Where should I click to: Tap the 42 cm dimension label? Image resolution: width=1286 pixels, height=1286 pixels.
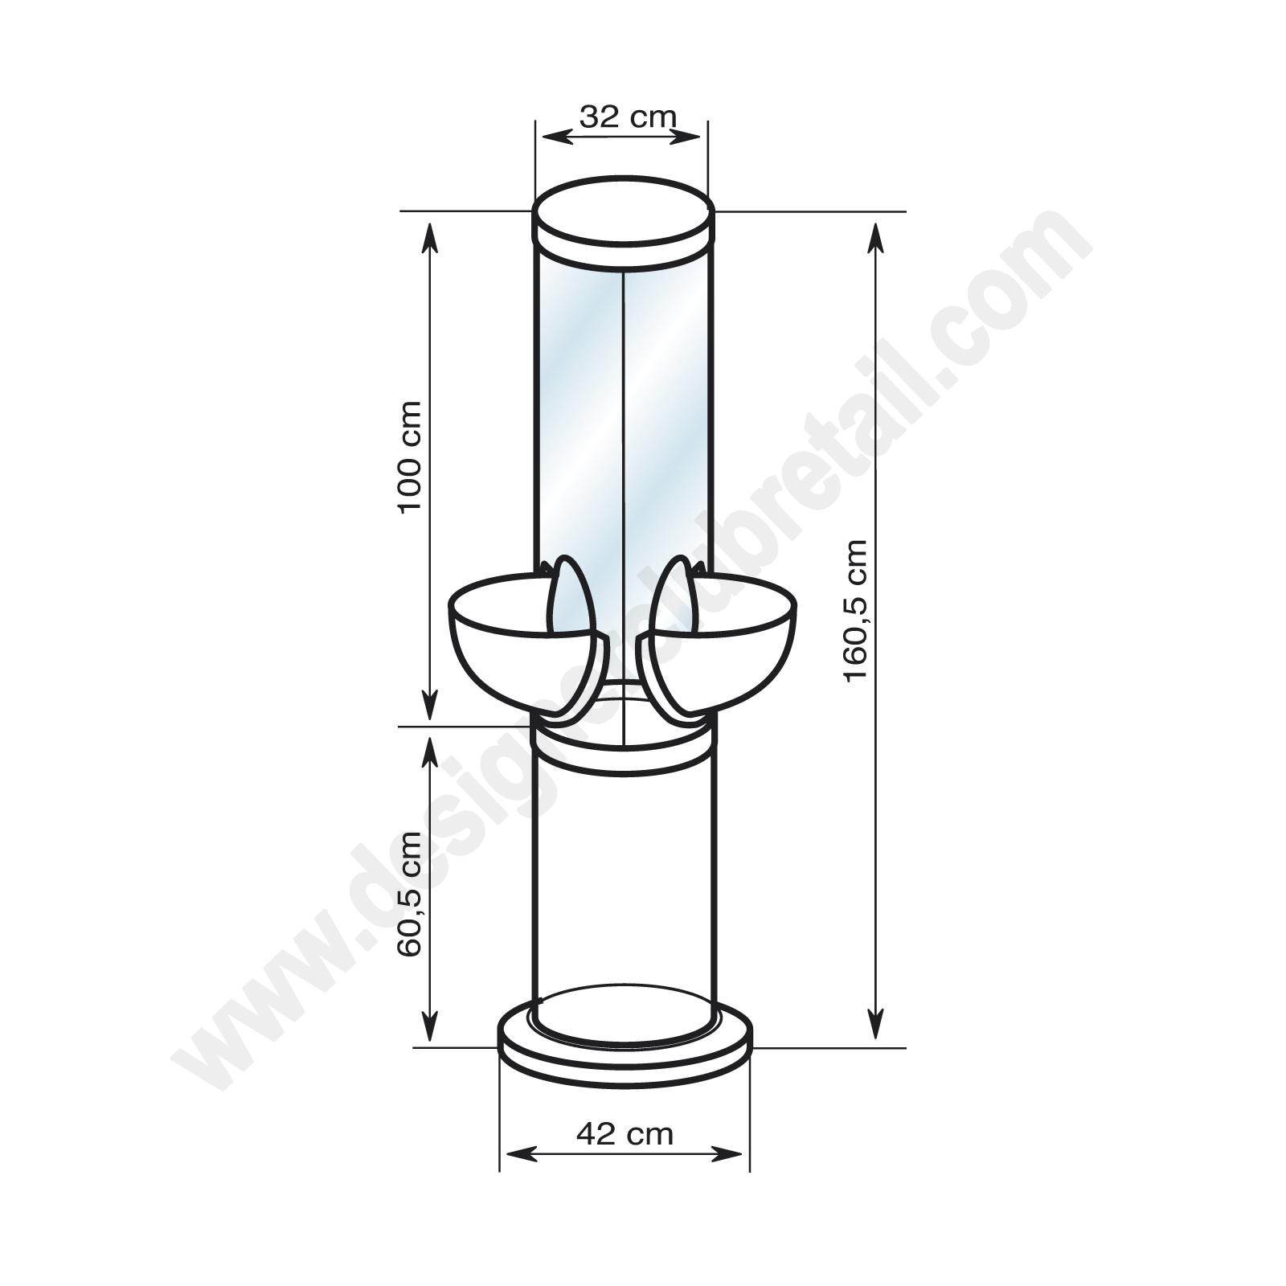click(625, 1111)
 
